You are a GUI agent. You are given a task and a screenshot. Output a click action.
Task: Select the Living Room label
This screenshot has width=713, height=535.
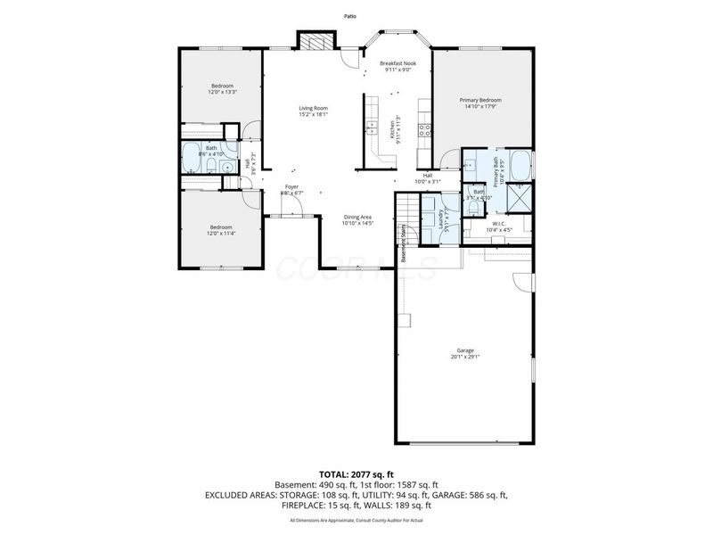(313, 111)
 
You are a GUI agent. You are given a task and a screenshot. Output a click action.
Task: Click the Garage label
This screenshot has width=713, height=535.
(464, 353)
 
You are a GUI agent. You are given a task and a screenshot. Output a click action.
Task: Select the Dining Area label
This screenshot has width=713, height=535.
(358, 220)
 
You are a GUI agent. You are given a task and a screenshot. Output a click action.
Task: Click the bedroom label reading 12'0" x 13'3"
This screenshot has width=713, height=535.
(222, 88)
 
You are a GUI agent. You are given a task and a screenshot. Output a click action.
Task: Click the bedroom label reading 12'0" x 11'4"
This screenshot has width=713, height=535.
(222, 230)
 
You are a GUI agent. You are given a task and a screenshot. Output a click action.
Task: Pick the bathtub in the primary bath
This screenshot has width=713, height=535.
(522, 164)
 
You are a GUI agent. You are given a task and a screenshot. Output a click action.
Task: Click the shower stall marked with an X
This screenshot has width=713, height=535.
(521, 194)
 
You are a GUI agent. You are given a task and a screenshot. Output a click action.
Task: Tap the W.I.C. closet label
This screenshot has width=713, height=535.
(499, 226)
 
